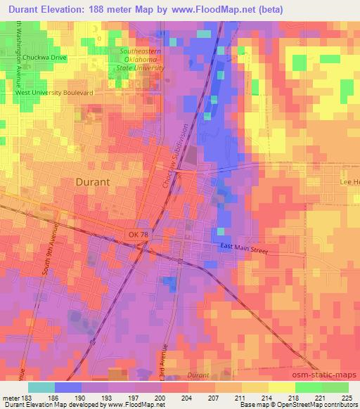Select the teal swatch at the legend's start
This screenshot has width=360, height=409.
pos(41,387)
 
